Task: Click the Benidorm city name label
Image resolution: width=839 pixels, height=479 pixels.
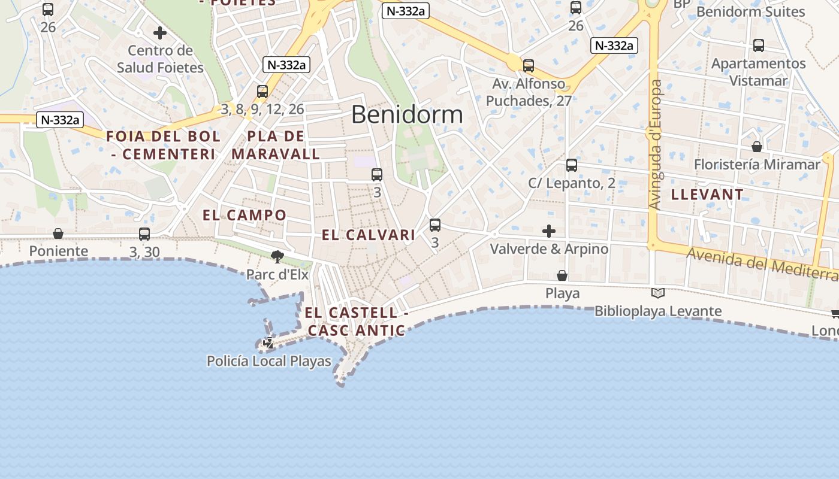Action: (407, 114)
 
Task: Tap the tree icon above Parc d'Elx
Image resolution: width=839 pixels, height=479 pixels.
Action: (277, 257)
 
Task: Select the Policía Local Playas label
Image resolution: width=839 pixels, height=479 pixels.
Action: (268, 361)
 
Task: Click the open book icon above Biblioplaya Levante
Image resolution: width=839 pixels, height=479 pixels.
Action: (657, 293)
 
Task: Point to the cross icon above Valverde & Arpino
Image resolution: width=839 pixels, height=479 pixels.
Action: (548, 231)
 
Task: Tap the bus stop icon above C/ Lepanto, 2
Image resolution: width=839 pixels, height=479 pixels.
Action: (572, 165)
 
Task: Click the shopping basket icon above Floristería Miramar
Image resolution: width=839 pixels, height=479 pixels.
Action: (757, 147)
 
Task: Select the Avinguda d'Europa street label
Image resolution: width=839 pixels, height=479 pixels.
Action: (656, 144)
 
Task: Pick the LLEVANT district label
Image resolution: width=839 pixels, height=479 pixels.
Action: (707, 194)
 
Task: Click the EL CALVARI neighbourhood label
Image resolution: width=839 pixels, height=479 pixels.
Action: (369, 235)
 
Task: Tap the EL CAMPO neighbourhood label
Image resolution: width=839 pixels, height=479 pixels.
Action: (245, 215)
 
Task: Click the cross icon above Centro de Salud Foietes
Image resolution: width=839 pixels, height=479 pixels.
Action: (160, 33)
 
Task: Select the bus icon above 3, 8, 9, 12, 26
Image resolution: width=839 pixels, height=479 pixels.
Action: (262, 92)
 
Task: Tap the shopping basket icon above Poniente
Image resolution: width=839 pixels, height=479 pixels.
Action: (58, 234)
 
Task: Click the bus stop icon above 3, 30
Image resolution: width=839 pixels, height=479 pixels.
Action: (144, 234)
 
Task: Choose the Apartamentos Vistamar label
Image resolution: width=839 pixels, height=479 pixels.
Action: (758, 72)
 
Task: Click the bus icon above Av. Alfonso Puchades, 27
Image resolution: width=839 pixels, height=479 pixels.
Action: (529, 66)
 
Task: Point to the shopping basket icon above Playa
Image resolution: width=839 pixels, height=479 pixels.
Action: (562, 275)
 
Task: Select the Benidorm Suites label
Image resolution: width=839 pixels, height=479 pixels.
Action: (759, 11)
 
